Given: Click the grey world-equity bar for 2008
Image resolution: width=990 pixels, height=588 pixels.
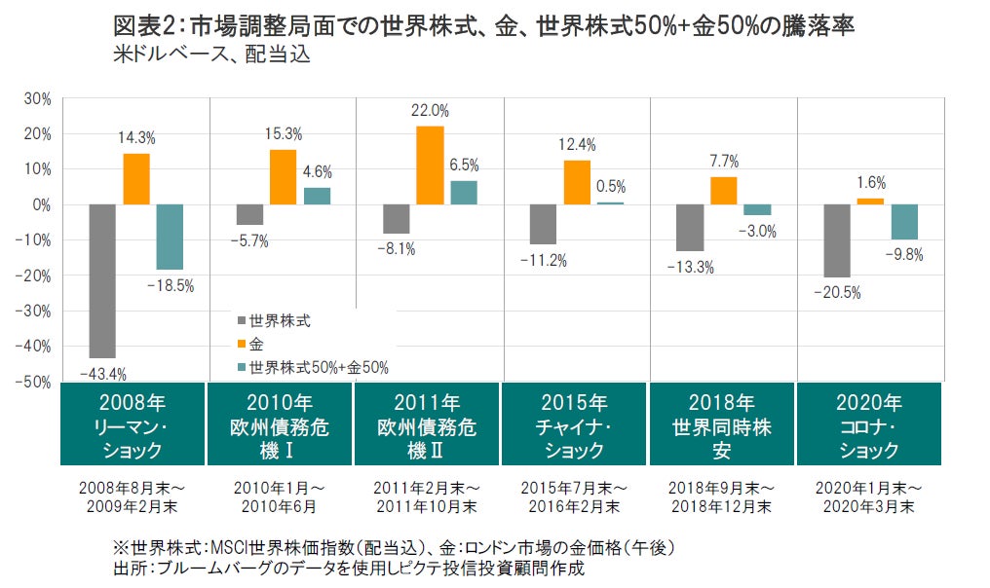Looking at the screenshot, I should pyautogui.click(x=102, y=281).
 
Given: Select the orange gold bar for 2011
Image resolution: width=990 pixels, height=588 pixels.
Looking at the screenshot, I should pyautogui.click(x=430, y=165).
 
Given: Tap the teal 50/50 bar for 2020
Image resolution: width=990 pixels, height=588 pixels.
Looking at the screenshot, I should pyautogui.click(x=903, y=222).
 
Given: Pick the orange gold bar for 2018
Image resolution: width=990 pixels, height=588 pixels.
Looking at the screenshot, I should pyautogui.click(x=723, y=191).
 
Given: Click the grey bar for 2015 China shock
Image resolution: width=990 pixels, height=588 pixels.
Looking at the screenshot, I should pyautogui.click(x=543, y=224).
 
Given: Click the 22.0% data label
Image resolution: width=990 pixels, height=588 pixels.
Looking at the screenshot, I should pyautogui.click(x=431, y=111).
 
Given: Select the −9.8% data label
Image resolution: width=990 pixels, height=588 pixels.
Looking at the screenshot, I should pyautogui.click(x=904, y=255).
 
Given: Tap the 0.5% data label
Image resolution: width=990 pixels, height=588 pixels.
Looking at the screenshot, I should pyautogui.click(x=610, y=187).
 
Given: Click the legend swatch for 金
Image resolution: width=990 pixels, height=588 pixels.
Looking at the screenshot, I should pyautogui.click(x=241, y=343).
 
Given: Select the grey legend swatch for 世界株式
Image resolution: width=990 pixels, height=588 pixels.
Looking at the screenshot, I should pyautogui.click(x=241, y=319).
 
